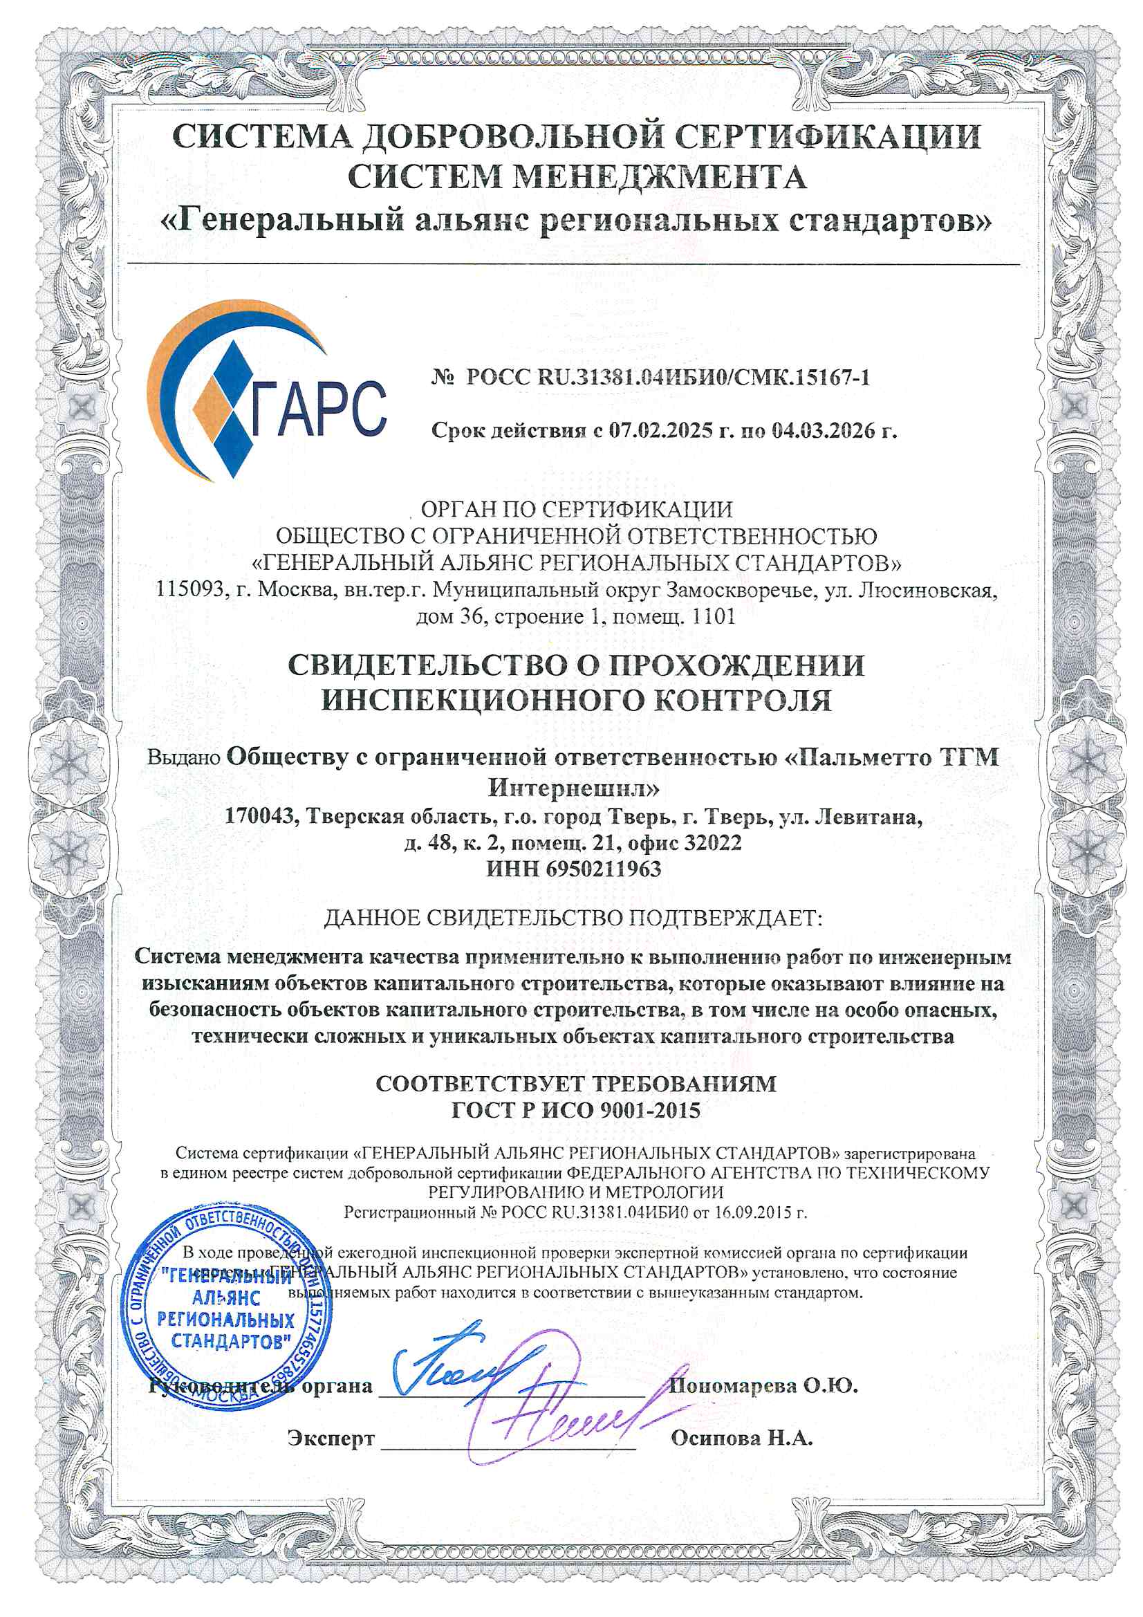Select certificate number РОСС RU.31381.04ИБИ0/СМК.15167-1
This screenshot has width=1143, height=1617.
(668, 378)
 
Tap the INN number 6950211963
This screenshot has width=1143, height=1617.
(604, 869)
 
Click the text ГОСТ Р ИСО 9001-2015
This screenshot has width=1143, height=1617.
(575, 1111)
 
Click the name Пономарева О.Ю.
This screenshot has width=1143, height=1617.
(763, 1385)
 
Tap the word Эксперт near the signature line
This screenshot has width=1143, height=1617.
(331, 1438)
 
